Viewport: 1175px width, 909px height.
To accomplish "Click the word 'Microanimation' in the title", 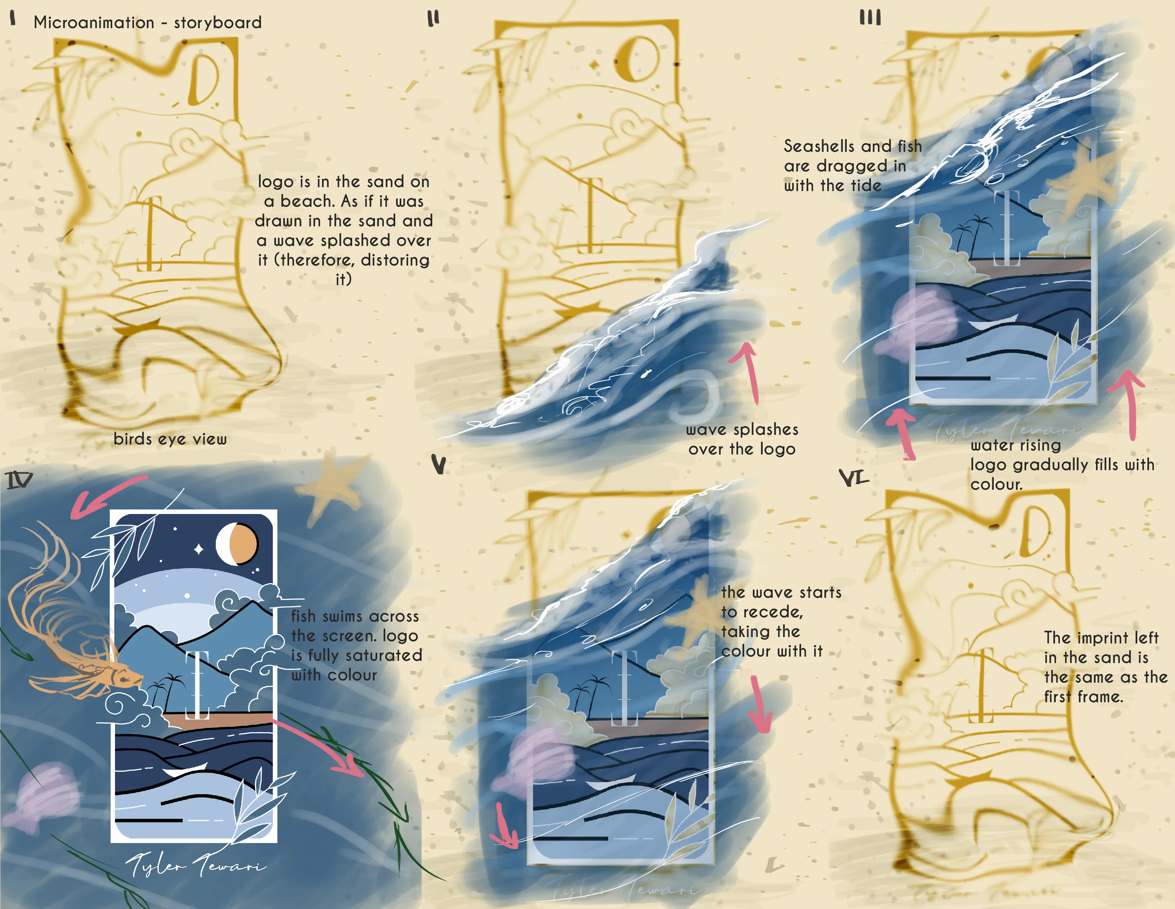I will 94,22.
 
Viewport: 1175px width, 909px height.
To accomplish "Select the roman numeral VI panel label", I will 853,477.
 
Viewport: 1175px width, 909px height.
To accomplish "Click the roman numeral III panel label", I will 870,18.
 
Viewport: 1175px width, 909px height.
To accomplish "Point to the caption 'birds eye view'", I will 170,439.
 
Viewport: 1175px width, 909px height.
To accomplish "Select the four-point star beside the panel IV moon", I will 199,549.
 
